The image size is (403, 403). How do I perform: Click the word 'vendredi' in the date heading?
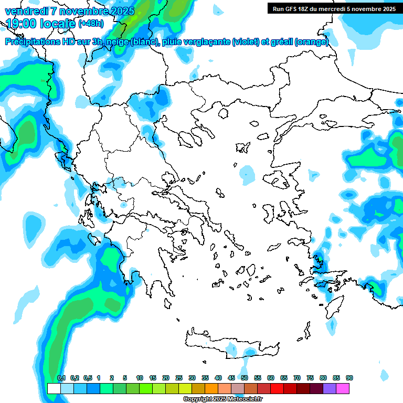26,11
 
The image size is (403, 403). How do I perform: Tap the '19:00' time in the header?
20,24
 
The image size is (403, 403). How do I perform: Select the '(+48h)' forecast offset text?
91,24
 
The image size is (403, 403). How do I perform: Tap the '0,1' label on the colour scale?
61,378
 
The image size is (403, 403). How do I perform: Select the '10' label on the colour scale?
139,378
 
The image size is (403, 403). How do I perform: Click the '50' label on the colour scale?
244,378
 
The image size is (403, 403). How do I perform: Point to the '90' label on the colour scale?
349,378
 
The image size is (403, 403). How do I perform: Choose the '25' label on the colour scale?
178,378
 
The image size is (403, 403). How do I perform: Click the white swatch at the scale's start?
54,388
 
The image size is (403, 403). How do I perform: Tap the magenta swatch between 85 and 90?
342,388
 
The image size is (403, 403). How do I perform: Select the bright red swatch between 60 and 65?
277,388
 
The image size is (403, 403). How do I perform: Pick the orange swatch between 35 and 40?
211,388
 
